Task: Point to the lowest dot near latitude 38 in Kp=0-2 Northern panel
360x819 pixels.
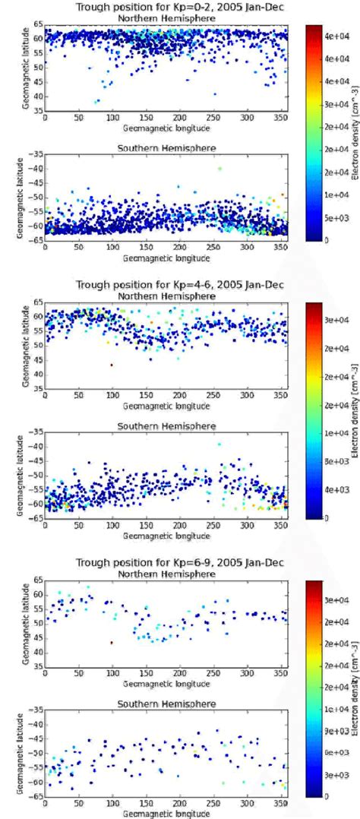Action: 96,102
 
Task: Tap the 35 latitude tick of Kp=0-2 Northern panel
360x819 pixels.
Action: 36,111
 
